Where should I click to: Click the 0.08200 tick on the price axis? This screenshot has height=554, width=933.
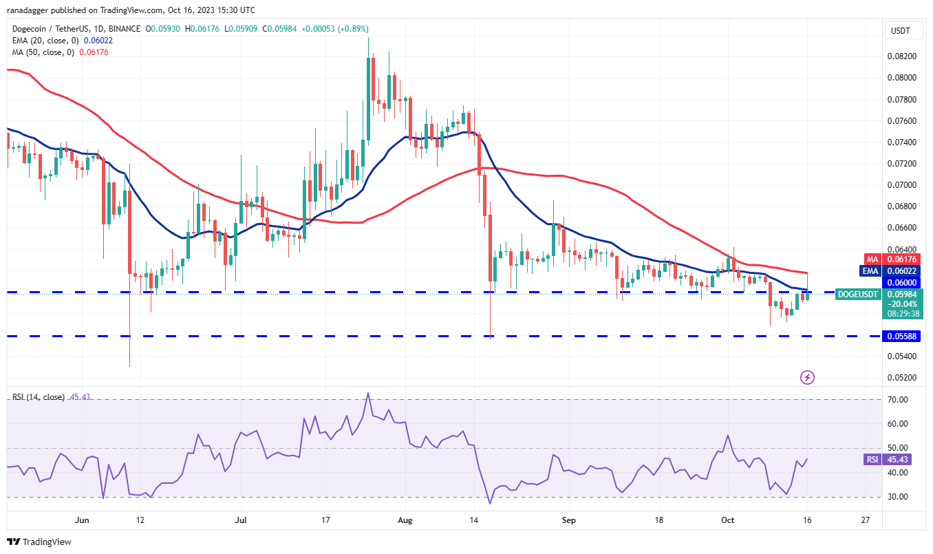(x=902, y=56)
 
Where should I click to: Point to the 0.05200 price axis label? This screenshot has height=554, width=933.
(x=902, y=378)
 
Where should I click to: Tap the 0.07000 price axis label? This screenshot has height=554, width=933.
(x=902, y=185)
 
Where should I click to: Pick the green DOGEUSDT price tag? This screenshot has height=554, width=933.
(x=857, y=295)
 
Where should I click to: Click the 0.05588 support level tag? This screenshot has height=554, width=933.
(x=902, y=336)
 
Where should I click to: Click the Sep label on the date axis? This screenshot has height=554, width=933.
(x=568, y=520)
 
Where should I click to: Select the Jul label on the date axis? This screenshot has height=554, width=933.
(x=240, y=520)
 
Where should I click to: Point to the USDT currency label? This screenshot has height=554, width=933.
(x=900, y=30)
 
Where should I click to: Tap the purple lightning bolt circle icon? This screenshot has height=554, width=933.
(x=808, y=377)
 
